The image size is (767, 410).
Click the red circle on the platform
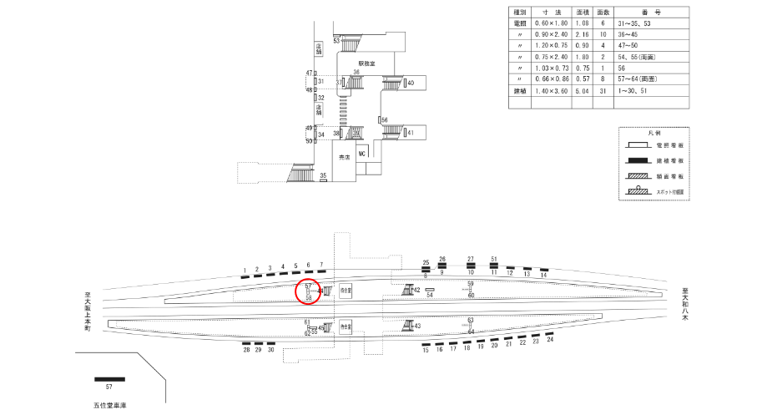pyautogui.click(x=309, y=292)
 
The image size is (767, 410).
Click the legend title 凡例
pyautogui.click(x=654, y=134)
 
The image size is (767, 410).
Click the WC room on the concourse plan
pyautogui.click(x=362, y=154)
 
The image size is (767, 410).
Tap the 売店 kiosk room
pyautogui.click(x=343, y=157)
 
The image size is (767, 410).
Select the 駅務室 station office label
pyautogui.click(x=368, y=63)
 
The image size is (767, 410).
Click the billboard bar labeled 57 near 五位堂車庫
pyautogui.click(x=108, y=379)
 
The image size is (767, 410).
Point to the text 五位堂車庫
pyautogui.click(x=109, y=404)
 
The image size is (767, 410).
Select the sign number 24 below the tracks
pyautogui.click(x=550, y=340)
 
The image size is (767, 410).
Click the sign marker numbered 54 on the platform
pyautogui.click(x=430, y=290)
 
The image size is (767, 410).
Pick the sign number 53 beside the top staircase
pyautogui.click(x=336, y=40)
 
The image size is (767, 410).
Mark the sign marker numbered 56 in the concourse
pyautogui.click(x=381, y=120)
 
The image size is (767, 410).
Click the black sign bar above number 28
pyautogui.click(x=246, y=343)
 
